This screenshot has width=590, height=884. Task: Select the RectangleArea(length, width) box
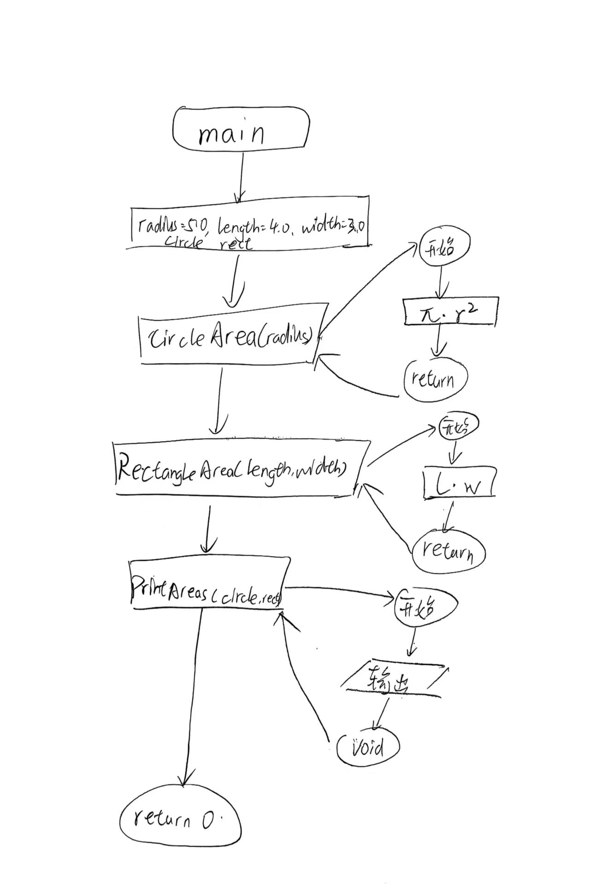pos(240,468)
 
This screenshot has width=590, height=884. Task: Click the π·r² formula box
pos(450,311)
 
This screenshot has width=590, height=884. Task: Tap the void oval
pos(367,747)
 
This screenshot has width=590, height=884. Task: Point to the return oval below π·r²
pos(435,379)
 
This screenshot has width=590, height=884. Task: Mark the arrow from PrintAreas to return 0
pos(193,696)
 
